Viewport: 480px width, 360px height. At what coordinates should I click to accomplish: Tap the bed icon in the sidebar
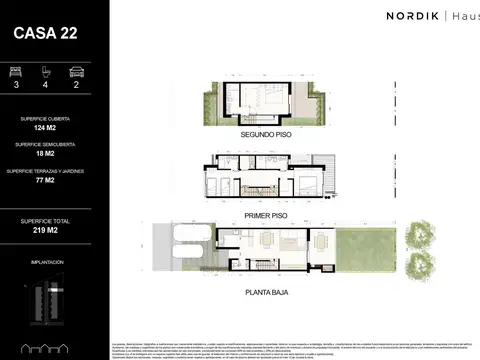[x=15, y=71]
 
